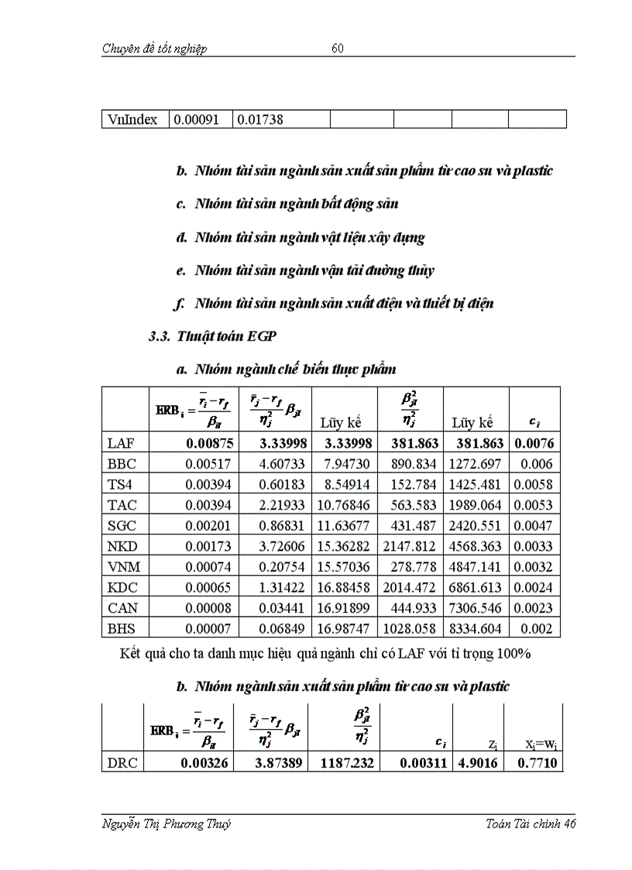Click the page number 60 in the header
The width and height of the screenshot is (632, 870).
338,49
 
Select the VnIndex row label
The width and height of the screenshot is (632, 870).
132,119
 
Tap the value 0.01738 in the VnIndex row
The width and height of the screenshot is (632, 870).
259,119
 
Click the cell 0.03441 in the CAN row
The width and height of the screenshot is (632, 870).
279,607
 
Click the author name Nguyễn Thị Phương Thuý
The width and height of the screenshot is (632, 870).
167,824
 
